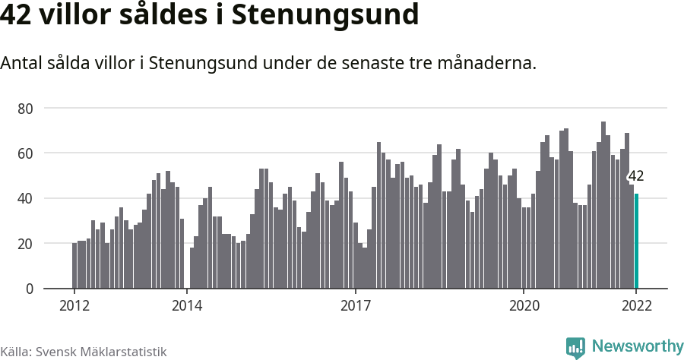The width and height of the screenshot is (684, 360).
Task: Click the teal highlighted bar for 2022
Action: [x=636, y=241]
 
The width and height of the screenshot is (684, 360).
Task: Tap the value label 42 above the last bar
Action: [x=636, y=176]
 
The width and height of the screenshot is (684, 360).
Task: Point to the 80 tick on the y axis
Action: [x=25, y=109]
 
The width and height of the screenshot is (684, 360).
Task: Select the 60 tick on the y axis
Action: [x=25, y=153]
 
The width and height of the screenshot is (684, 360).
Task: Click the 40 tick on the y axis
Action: [x=25, y=198]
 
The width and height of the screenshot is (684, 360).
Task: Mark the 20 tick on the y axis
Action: [x=25, y=244]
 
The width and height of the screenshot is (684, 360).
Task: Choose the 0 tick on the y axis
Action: [x=29, y=289]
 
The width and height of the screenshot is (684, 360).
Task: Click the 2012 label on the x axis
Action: [x=74, y=306]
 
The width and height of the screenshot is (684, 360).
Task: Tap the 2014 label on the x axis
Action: [x=187, y=306]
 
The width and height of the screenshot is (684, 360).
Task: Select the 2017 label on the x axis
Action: [x=355, y=306]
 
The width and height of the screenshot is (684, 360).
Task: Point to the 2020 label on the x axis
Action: [x=524, y=306]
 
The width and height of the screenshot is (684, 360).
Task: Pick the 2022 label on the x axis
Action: [x=636, y=306]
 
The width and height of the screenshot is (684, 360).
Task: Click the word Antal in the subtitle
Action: [x=22, y=63]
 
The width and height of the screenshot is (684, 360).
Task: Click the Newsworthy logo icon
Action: [x=575, y=347]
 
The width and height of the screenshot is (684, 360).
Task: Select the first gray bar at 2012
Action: [x=74, y=266]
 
